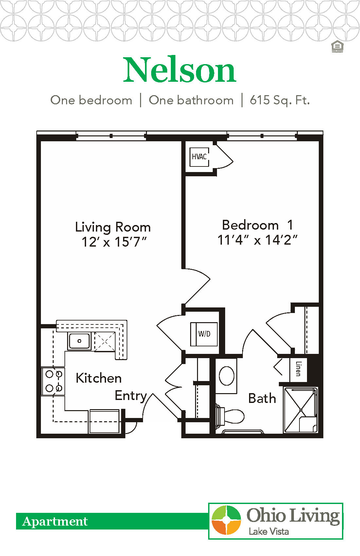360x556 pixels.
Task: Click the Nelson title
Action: click(179, 70)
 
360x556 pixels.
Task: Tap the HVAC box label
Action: click(199, 157)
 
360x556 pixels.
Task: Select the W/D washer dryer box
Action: click(204, 334)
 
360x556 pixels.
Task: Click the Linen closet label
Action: click(298, 369)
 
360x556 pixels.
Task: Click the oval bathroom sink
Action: click(226, 375)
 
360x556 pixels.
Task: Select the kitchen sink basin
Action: click(79, 341)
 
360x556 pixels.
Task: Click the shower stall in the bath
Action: click(300, 410)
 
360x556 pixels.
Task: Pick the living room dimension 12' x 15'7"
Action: click(114, 242)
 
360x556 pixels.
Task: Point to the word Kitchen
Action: click(99, 378)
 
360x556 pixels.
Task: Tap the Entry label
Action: click(131, 396)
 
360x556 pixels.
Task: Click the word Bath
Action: click(262, 398)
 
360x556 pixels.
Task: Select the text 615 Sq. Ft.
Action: click(279, 100)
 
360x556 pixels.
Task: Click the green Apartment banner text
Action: click(55, 521)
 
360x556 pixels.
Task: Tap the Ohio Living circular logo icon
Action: click(226, 520)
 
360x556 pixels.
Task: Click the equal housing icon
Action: click(337, 47)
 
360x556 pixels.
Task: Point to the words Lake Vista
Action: click(268, 531)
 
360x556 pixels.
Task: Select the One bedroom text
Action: click(91, 100)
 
